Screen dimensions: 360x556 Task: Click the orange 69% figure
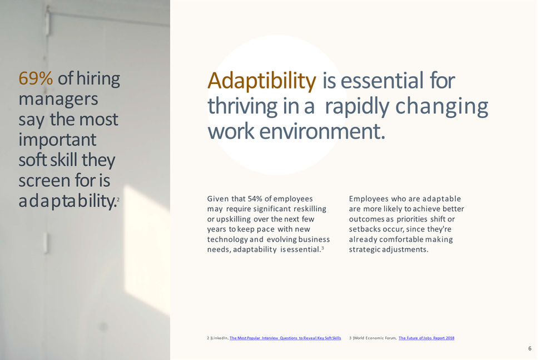pyautogui.click(x=36, y=78)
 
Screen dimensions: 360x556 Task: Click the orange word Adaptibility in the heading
pyautogui.click(x=261, y=81)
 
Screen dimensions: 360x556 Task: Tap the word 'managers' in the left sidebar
pyautogui.click(x=58, y=99)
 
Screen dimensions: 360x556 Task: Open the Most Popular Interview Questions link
pyautogui.click(x=285, y=338)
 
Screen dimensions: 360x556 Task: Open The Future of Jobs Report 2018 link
pyautogui.click(x=426, y=338)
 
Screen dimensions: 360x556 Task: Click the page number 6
pyautogui.click(x=529, y=348)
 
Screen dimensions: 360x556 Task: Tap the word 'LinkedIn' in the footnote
pyautogui.click(x=219, y=338)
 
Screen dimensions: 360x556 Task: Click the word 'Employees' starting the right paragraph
pyautogui.click(x=368, y=199)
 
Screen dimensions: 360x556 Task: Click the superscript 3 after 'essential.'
pyautogui.click(x=322, y=248)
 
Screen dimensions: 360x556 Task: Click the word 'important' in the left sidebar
pyautogui.click(x=57, y=140)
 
